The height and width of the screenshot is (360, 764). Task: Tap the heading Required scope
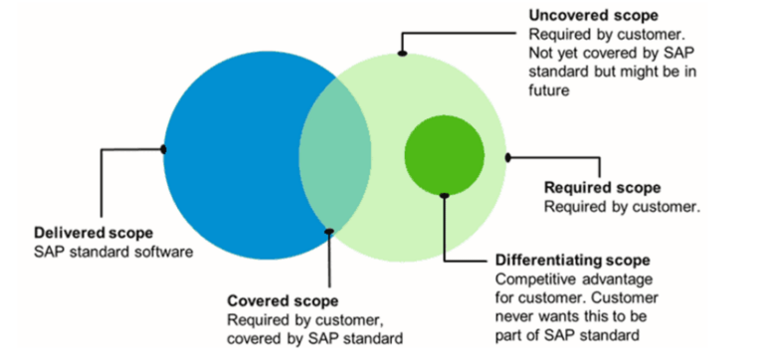point(602,187)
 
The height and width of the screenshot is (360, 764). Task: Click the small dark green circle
point(444,155)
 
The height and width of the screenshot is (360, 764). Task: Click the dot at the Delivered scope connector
point(163,150)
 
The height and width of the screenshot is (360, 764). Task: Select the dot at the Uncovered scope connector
point(402,53)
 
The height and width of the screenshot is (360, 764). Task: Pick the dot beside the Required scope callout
point(507,157)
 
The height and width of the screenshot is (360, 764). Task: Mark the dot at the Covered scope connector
point(329,232)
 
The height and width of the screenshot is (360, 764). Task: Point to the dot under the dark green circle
point(444,195)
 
